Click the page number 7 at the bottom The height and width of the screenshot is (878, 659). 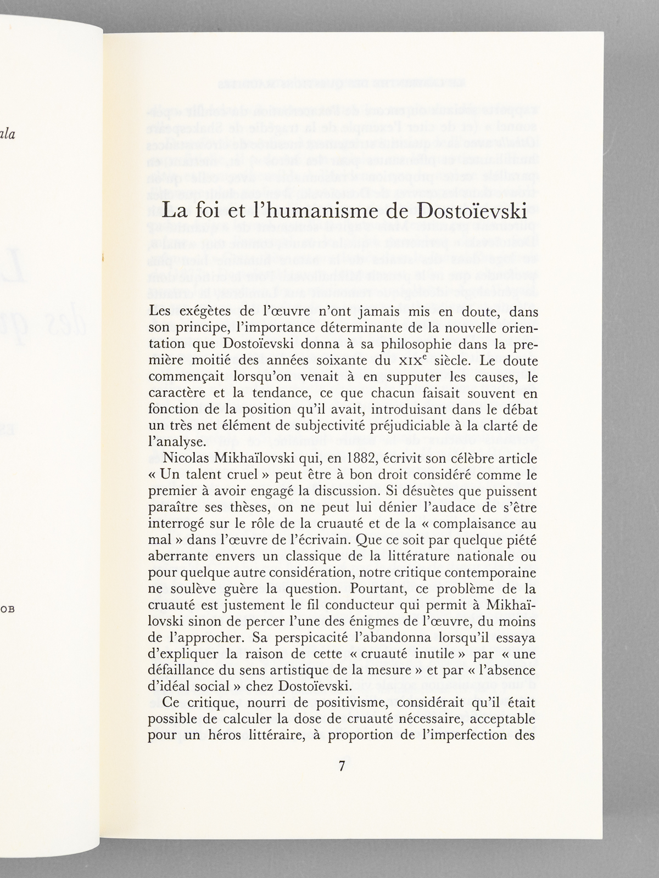point(341,766)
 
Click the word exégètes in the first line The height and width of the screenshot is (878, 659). point(211,313)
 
